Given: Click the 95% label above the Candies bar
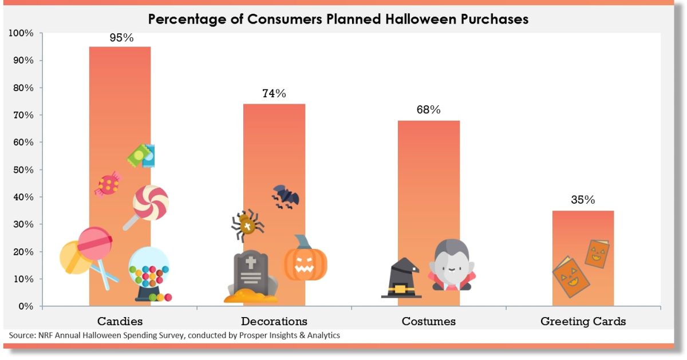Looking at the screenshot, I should [120, 38].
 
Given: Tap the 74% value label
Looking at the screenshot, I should [274, 93].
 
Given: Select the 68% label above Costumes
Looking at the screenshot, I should [428, 110].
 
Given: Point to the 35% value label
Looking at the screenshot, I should [583, 200].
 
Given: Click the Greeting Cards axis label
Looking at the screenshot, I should [583, 321].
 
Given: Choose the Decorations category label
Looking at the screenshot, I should [274, 321].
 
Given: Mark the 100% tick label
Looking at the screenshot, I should [21, 33].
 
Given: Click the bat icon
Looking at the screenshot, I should [285, 196].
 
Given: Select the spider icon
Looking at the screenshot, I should [247, 224].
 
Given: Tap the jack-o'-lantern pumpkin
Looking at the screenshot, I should [306, 260].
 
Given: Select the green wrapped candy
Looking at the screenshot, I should [141, 155].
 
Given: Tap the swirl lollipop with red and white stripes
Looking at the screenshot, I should [151, 203].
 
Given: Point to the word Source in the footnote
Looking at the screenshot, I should [22, 335].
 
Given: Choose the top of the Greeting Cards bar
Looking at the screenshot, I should [583, 212].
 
